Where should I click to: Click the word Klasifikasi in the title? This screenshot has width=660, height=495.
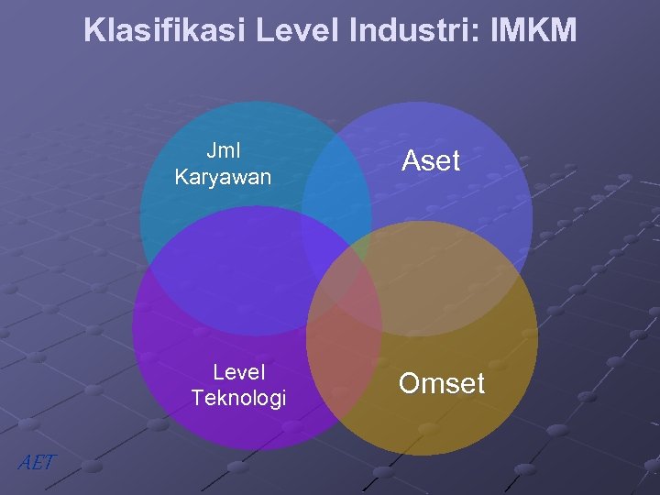(x=165, y=30)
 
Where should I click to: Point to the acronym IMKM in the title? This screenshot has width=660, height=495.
(x=533, y=30)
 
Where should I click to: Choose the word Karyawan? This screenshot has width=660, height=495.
(x=223, y=177)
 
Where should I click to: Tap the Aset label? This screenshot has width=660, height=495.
(x=430, y=161)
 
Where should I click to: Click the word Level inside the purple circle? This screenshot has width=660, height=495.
(x=238, y=372)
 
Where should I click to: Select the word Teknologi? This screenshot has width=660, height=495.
(x=238, y=398)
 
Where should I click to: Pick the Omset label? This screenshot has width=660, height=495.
(x=441, y=383)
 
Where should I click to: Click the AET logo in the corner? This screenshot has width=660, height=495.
(x=36, y=463)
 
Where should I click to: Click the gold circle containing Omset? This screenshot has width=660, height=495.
(x=458, y=403)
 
